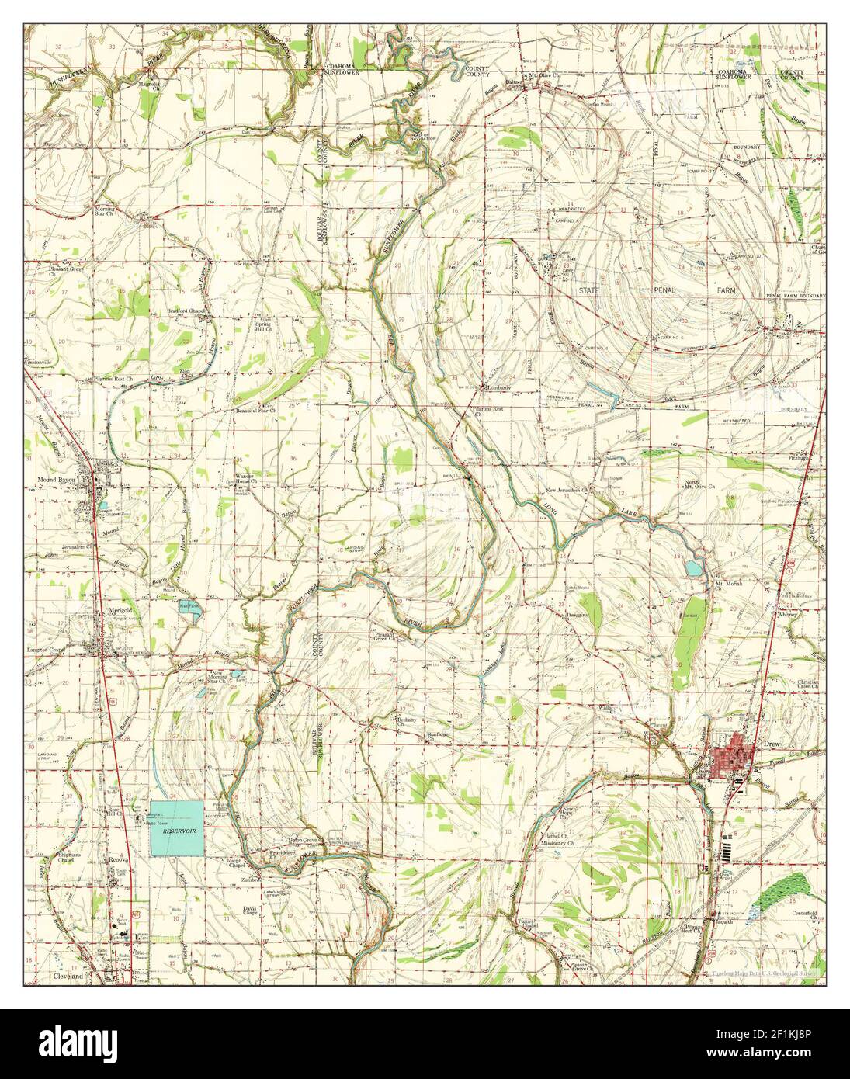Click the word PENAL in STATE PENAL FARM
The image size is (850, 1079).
click(664, 290)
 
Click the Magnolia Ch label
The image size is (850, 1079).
click(150, 84)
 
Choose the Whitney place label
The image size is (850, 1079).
click(787, 614)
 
